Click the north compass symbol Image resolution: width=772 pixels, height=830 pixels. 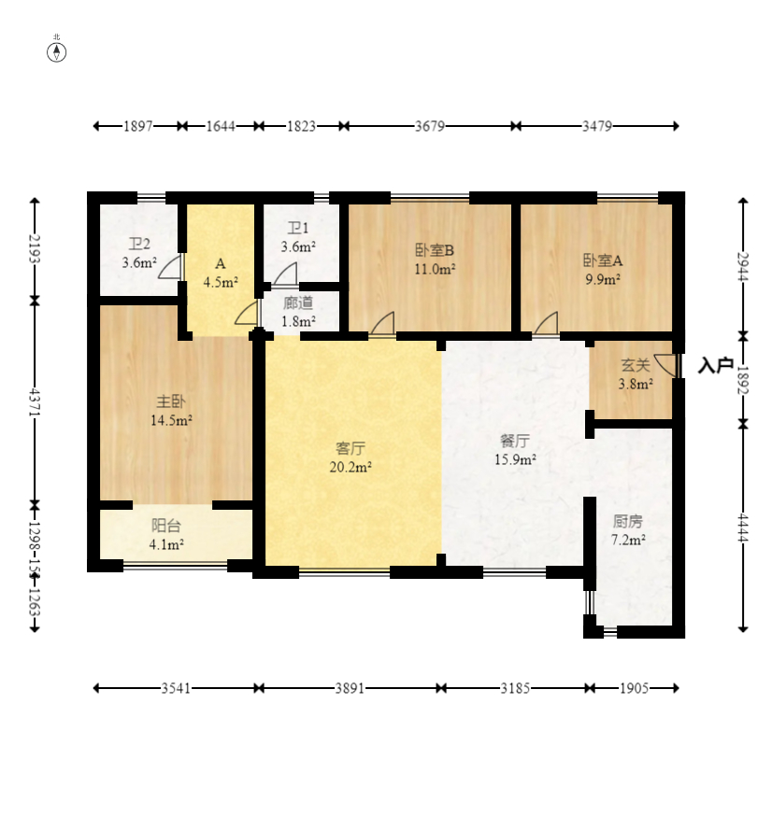point(57,52)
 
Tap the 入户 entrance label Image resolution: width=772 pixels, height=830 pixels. point(715,365)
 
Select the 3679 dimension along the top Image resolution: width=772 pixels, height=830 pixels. point(429,126)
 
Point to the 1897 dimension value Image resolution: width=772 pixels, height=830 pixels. point(137,126)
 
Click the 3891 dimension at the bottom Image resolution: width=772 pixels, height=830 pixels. point(350,688)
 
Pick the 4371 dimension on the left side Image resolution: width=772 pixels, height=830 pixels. point(35,402)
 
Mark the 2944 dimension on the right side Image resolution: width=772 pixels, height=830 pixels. point(743,267)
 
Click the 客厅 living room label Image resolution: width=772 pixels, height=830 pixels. point(350,448)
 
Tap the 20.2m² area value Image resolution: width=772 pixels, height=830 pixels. point(350,467)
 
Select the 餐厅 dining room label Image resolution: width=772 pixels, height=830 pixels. point(515,441)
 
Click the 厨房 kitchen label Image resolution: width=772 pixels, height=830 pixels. point(628,521)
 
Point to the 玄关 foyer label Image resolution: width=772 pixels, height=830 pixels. point(636,365)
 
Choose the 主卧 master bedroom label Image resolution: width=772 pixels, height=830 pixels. point(171,401)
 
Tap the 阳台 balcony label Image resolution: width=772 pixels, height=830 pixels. point(166,525)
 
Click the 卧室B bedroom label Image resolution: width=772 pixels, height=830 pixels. point(434,250)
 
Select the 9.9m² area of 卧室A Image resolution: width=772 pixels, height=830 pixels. point(603,279)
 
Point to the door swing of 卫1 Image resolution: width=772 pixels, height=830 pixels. point(286,275)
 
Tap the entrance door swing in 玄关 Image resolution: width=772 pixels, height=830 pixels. point(665,365)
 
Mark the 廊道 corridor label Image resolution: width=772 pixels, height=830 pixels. point(298,302)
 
